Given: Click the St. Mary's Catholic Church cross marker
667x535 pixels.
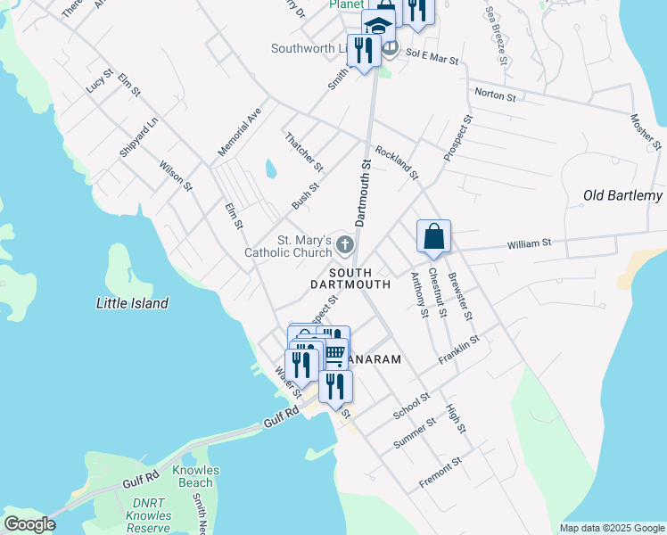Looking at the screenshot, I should (345, 244).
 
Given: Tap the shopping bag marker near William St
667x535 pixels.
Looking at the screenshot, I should (433, 237).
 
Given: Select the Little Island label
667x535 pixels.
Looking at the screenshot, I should (132, 303).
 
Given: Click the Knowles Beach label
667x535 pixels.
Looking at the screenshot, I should (195, 476).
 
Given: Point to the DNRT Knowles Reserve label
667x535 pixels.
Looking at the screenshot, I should (148, 515).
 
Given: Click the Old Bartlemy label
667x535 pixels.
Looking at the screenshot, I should (622, 195).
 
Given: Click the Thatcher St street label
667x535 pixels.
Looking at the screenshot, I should (303, 152).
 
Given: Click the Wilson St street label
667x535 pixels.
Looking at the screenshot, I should (176, 175).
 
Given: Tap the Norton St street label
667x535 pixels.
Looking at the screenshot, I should (496, 94).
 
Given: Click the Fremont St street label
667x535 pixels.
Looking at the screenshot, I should (441, 474).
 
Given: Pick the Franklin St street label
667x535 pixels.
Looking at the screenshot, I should (459, 350).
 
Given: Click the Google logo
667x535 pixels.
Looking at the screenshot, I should (29, 524).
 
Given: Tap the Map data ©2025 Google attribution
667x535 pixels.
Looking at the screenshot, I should (611, 528).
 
